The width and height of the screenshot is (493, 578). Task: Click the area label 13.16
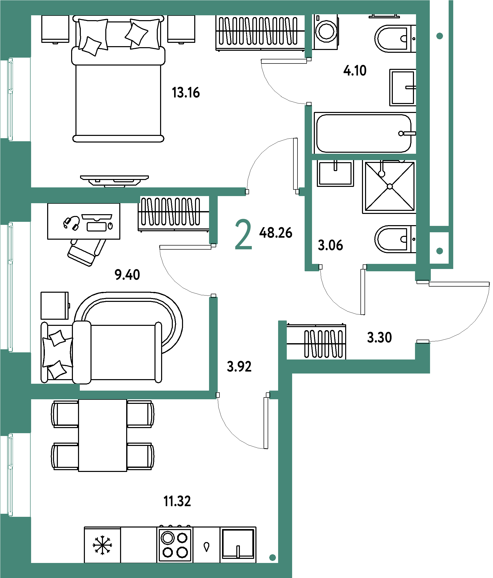pyautogui.click(x=186, y=93)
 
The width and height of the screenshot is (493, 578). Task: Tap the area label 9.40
pyautogui.click(x=127, y=275)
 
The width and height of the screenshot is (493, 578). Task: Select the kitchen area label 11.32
pyautogui.click(x=177, y=501)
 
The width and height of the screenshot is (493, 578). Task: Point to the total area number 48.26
pyautogui.click(x=276, y=233)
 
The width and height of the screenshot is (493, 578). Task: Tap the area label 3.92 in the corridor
pyautogui.click(x=239, y=367)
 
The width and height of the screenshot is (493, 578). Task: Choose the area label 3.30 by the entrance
pyautogui.click(x=380, y=338)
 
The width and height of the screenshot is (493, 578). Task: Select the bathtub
pyautogui.click(x=365, y=133)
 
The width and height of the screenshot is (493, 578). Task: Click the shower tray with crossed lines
pyautogui.click(x=390, y=187)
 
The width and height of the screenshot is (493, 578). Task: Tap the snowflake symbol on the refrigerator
pyautogui.click(x=102, y=545)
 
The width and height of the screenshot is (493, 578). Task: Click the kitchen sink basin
pyautogui.click(x=238, y=544)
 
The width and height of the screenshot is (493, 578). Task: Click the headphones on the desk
pyautogui.click(x=72, y=223)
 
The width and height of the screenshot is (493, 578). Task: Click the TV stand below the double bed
pyautogui.click(x=114, y=181)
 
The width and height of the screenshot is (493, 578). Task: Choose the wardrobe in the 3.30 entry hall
pyautogui.click(x=316, y=341)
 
